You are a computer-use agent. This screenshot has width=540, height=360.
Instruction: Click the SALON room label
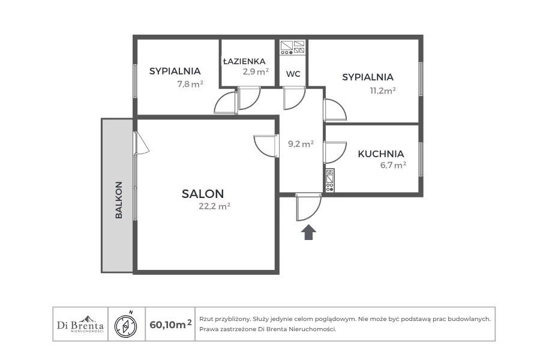pos(203,194)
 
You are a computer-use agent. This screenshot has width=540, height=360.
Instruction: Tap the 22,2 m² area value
pos(215,206)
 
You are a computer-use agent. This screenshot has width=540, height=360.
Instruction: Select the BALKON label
pos(119,200)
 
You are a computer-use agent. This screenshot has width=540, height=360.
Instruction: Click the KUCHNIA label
pos(381,154)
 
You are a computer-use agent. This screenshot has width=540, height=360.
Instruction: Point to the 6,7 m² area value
pos(393,165)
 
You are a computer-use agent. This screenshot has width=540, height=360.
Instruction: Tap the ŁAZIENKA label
pos(244,61)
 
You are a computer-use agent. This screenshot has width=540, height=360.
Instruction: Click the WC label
pos(293,74)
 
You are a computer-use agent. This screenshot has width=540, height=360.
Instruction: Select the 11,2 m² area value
pos(383,91)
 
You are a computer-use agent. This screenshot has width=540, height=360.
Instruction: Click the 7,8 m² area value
pos(190,84)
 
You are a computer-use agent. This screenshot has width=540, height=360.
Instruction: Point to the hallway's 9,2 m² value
pos(301,143)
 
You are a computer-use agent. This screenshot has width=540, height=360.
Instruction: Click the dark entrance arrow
pos(308,232)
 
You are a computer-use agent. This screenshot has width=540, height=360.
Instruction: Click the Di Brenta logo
pos(80,324)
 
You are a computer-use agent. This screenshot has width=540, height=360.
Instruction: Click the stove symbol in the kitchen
pos(329,180)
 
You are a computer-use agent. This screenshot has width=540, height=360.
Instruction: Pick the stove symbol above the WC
pos(293,47)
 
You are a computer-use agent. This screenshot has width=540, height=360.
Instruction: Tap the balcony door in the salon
pos(142,143)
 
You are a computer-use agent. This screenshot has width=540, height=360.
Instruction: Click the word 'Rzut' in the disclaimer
pos(205,319)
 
